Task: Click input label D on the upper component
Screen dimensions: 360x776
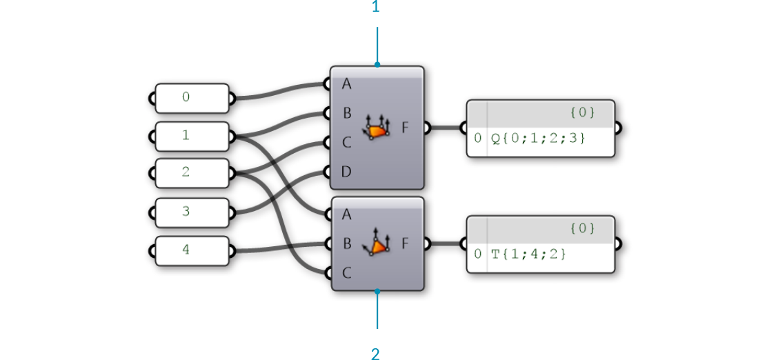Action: point(346,172)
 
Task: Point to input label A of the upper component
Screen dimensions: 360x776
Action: point(346,84)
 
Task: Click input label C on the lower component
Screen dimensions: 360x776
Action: point(346,273)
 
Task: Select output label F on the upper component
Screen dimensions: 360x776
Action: point(405,128)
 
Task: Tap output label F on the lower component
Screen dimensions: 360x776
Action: point(405,243)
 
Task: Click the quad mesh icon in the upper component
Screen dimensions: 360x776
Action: point(376,128)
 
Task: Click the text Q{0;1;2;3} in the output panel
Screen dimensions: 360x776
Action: point(538,139)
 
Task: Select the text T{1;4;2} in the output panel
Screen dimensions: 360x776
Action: point(528,254)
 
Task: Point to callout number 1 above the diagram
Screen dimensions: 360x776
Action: point(376,7)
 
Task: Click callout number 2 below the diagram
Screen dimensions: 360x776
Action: point(376,353)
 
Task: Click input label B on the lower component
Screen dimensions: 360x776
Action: point(346,243)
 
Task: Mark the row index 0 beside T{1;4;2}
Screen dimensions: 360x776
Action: point(477,254)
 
